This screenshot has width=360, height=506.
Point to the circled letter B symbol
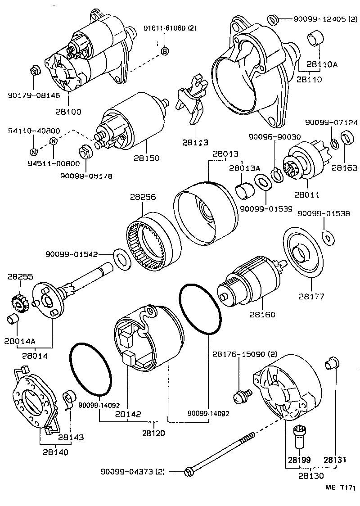click(165, 51)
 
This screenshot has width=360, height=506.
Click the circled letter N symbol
click(34, 151)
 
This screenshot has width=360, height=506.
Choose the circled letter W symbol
click(54, 141)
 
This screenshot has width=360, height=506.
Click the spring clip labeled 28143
click(68, 399)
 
